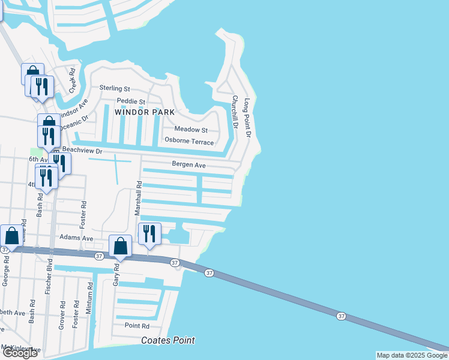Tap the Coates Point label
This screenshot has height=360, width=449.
point(168,341)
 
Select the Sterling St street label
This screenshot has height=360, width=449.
point(115,88)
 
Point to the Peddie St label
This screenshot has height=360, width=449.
point(131,101)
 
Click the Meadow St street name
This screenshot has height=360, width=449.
point(191,130)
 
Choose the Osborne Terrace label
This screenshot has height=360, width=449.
point(189,142)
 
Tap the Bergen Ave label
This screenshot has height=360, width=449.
point(189,165)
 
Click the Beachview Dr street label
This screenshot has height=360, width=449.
point(83,151)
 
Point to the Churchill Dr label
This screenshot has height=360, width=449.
point(235,113)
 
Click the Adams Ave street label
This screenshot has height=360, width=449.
point(76,238)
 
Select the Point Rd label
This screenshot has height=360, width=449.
point(137,326)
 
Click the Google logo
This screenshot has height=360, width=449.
point(20,353)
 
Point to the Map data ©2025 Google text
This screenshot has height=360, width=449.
point(411,355)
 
